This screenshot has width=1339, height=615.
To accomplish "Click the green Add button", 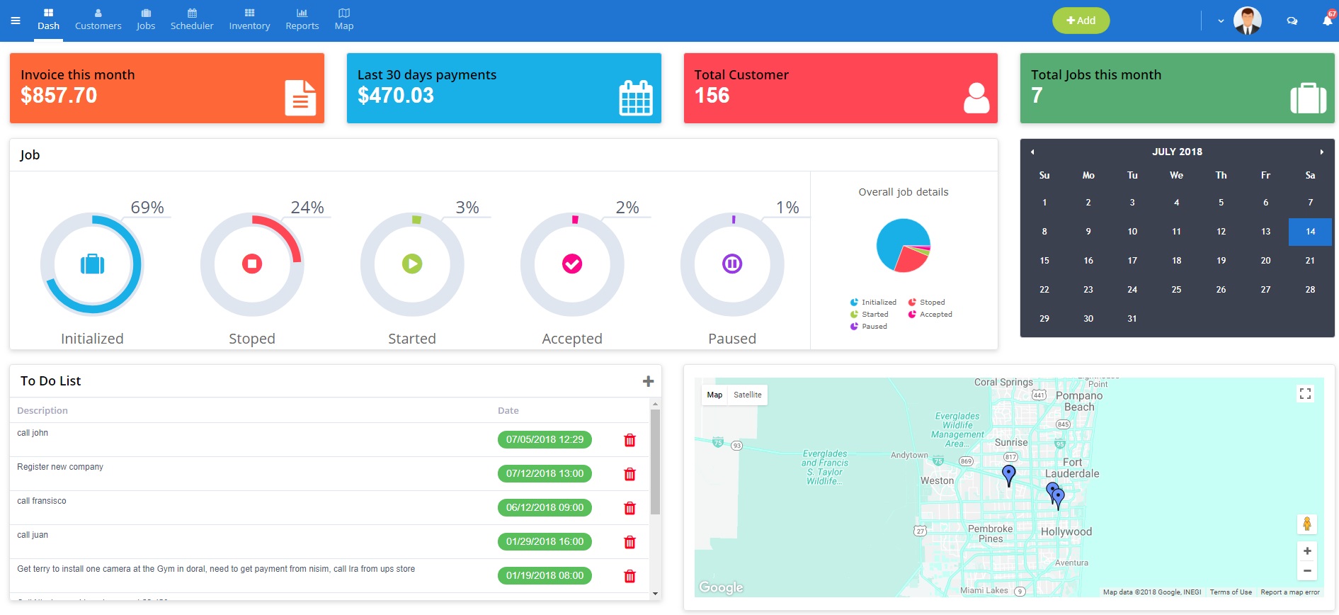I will (x=1081, y=21).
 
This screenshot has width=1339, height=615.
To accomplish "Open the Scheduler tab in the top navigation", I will (x=192, y=20).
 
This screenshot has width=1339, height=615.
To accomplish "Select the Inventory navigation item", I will (x=249, y=20).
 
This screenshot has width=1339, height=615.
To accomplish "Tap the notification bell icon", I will (x=1327, y=21).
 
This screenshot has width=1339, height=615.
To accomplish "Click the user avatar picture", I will (x=1247, y=21).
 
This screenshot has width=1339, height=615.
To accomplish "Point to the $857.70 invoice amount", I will (x=59, y=96).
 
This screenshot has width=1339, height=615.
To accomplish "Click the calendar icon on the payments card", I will (x=635, y=98).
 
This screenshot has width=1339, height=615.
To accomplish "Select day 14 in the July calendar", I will (x=1310, y=232).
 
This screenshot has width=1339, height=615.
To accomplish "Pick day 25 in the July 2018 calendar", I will (x=1176, y=290).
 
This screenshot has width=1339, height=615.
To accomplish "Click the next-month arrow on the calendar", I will (x=1321, y=152).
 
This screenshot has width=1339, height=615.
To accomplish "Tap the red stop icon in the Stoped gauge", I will (x=252, y=264).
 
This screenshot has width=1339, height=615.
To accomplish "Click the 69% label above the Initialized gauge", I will (x=147, y=208).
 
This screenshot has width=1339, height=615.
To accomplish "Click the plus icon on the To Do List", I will (x=648, y=381).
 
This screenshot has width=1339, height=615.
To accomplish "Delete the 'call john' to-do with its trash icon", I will (x=629, y=440).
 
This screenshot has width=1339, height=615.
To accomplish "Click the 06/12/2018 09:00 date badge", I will (x=545, y=508).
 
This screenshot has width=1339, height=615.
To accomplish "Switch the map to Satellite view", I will (x=747, y=395).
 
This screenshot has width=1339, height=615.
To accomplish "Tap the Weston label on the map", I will (x=937, y=480).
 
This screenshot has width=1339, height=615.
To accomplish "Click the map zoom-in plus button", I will (x=1307, y=551).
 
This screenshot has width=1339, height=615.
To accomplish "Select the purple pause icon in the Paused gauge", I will (x=732, y=264).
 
